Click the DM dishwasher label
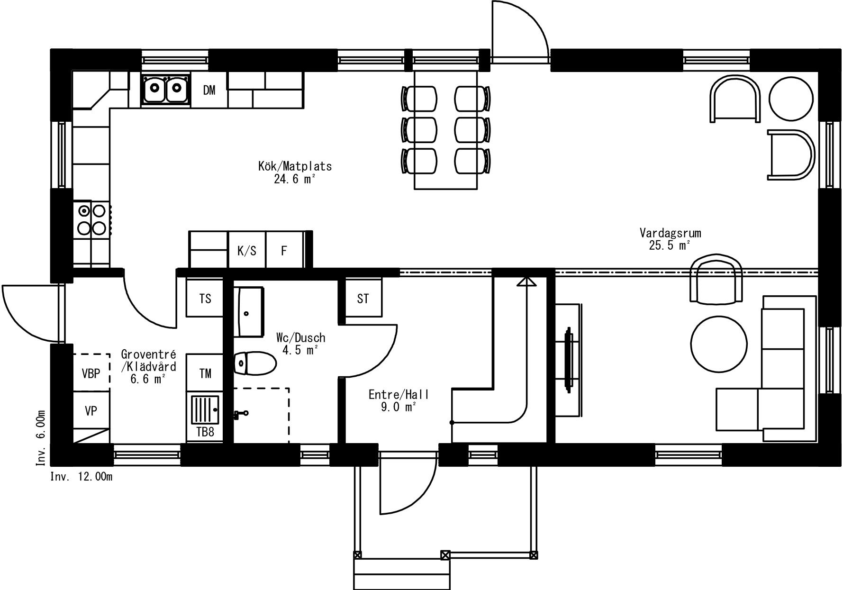(209, 90)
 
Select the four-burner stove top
(92, 219)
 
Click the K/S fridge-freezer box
(247, 250)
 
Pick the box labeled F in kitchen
(284, 250)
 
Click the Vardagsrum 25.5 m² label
(670, 239)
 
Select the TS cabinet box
(205, 299)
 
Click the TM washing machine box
(205, 373)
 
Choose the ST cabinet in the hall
(363, 299)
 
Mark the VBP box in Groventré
(91, 373)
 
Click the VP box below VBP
(91, 410)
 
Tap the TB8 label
(205, 432)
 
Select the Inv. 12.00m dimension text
(82, 477)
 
